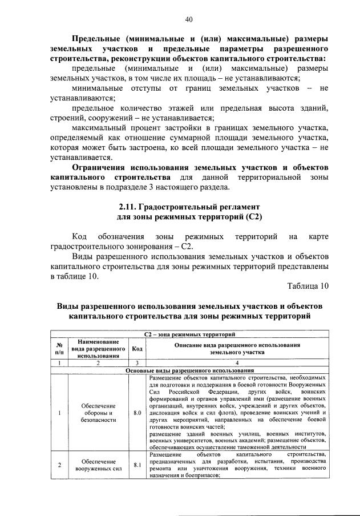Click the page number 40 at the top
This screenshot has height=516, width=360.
pos(188,20)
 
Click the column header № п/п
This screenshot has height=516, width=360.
pos(59,348)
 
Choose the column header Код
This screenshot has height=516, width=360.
pos(137,348)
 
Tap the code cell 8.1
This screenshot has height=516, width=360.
pos(137,465)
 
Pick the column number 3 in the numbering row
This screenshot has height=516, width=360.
pos(137,363)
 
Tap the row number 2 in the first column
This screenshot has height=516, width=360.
pos(59,465)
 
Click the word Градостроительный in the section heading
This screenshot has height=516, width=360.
pos(179,205)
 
